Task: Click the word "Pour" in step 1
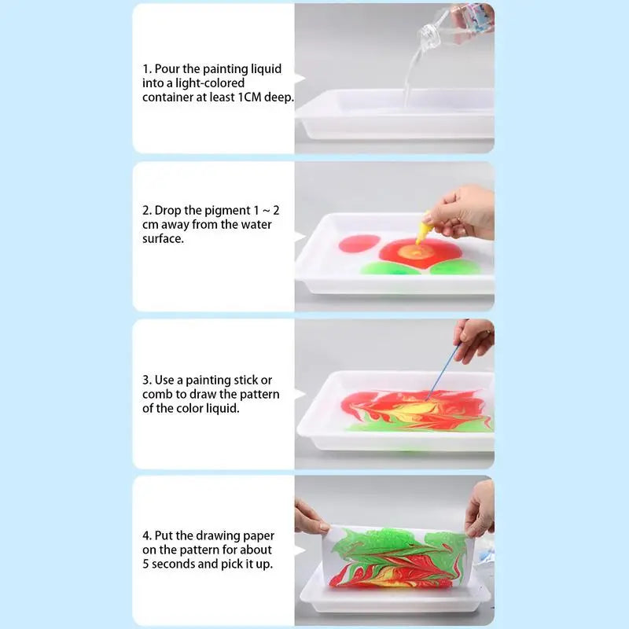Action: click(170, 69)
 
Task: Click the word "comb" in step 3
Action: click(159, 395)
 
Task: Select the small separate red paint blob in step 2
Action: click(359, 244)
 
